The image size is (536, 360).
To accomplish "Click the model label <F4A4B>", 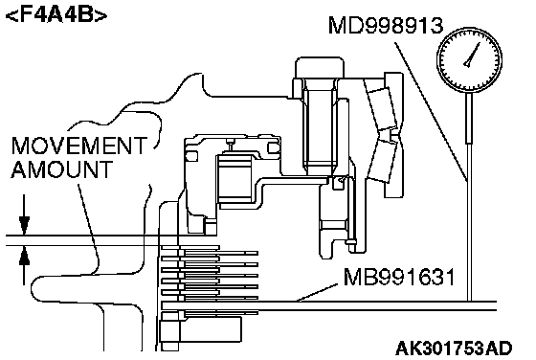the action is tap(56, 15).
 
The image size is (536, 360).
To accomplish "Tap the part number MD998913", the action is tap(386, 25).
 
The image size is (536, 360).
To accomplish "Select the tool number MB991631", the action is tap(399, 277).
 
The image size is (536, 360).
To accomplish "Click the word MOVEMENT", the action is tap(79, 146).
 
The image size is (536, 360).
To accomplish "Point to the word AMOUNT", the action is tap(62, 169).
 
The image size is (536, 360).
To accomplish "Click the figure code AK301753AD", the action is tap(454, 349).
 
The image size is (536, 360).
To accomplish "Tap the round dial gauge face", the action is tap(469, 60).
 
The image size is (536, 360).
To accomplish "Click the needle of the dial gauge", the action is tap(472, 55).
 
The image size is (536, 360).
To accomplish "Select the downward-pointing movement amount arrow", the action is tap(24, 214).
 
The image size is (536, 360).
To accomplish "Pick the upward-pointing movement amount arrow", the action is tap(24, 265).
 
